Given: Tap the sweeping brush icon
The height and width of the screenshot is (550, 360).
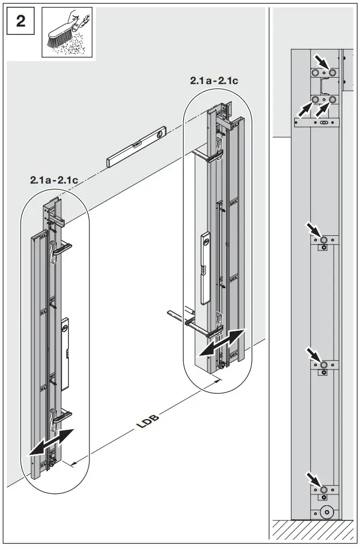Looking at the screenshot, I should [67, 32].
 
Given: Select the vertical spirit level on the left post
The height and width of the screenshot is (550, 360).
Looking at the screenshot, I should [65, 353].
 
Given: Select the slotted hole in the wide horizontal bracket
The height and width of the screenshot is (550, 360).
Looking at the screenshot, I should [323, 123].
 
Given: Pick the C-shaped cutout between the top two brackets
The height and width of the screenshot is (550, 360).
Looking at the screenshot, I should [324, 87].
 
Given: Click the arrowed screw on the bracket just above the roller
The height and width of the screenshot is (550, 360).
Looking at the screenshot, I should [324, 489].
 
